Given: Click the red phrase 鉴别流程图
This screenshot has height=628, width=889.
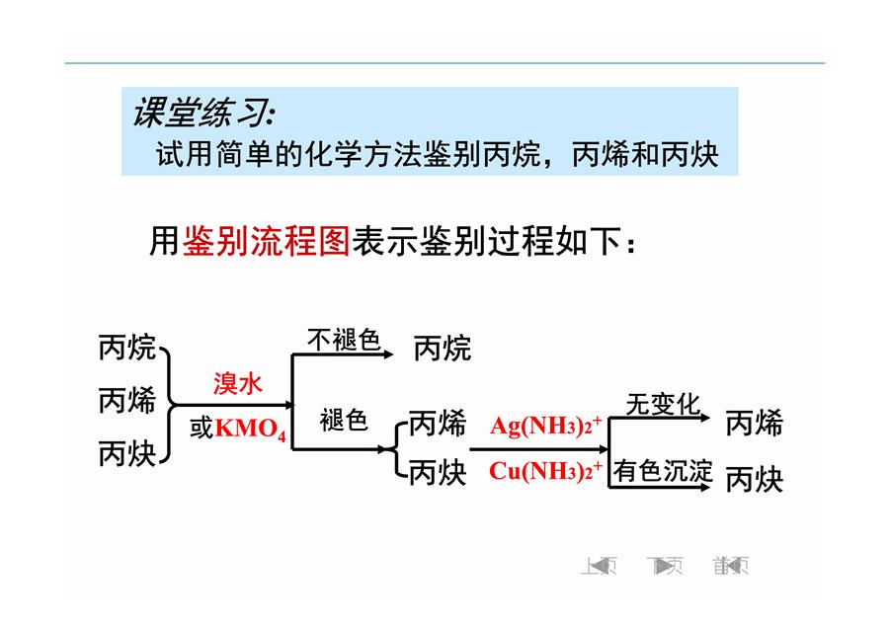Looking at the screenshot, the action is click(x=266, y=241).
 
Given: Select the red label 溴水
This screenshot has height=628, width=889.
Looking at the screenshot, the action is click(x=237, y=384).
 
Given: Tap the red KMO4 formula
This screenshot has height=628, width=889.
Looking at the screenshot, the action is click(x=251, y=428).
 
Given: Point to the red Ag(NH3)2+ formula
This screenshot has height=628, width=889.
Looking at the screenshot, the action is click(x=546, y=426).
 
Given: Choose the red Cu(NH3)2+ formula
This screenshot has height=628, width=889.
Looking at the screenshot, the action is click(x=545, y=470).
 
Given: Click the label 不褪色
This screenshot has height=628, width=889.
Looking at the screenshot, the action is click(x=344, y=340).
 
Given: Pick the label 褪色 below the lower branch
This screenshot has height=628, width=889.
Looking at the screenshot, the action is click(x=344, y=421).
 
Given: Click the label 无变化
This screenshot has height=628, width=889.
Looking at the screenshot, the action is click(x=663, y=405).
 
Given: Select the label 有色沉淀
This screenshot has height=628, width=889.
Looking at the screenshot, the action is click(x=663, y=471).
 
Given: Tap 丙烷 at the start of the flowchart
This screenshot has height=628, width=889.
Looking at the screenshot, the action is click(x=127, y=347).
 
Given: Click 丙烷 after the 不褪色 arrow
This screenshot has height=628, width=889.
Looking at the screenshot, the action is click(x=443, y=348).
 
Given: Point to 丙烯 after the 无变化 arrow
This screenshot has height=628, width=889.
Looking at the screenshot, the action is click(x=754, y=424).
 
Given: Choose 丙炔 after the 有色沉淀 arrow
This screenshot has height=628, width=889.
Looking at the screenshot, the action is click(x=754, y=479).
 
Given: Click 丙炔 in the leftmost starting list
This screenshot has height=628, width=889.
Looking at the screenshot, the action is click(x=127, y=453).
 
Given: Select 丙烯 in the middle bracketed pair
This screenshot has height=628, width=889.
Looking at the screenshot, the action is click(x=438, y=424).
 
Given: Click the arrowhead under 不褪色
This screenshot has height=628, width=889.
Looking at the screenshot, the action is click(x=388, y=354).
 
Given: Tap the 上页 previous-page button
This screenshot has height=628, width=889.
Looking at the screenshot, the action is click(x=599, y=565).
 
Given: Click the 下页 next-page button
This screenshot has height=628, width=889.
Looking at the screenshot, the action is click(x=665, y=565).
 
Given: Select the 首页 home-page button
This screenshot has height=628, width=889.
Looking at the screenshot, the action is click(x=731, y=565).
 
